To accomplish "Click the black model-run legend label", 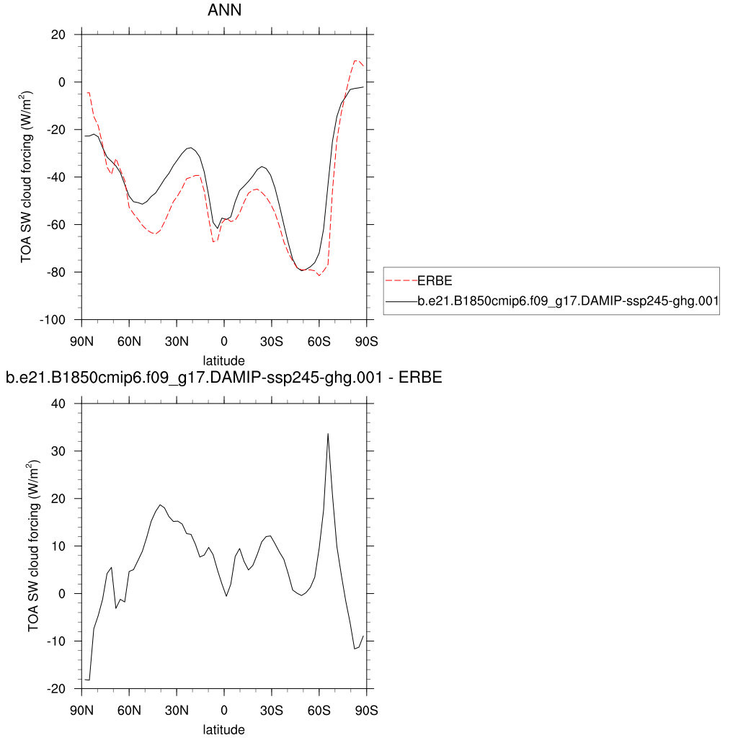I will [568, 302].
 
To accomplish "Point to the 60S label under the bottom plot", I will [319, 710].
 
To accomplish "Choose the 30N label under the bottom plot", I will [177, 710].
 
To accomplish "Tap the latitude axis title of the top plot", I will [223, 360].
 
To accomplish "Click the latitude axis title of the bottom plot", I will [223, 729].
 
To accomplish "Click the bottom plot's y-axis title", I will [33, 546].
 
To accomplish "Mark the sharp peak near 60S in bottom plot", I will [328, 434].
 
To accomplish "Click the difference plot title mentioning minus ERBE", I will [223, 377].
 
